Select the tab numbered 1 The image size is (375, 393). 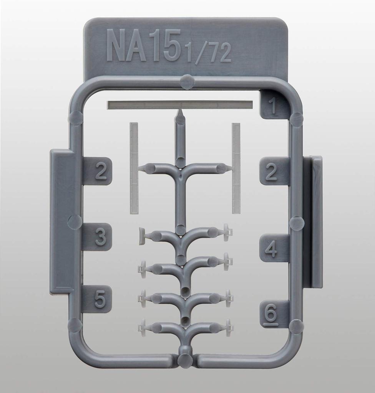273,105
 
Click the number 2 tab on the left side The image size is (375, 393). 100,171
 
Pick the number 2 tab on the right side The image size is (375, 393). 271,171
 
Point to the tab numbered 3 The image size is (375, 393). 100,237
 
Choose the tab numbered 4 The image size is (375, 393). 271,248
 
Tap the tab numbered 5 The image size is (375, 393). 100,299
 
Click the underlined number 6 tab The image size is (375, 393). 271,315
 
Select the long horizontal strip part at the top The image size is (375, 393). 180,105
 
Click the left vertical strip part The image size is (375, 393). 134,168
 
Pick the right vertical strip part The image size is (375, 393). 236,168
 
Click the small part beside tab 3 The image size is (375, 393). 143,236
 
